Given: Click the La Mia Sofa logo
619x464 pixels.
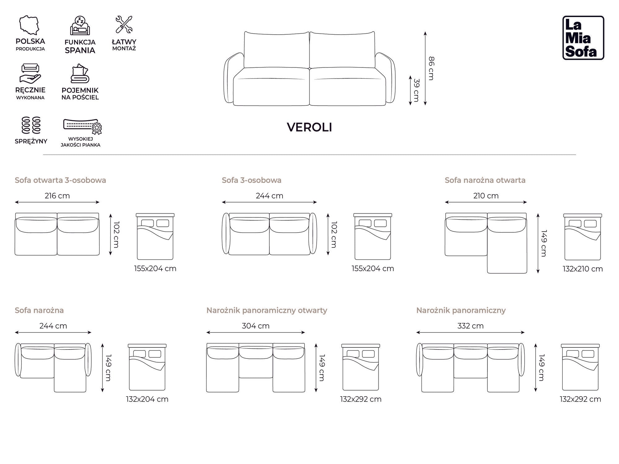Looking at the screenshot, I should point(583,38).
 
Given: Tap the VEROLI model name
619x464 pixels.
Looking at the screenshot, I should point(309,127).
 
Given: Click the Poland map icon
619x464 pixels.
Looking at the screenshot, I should point(30,25).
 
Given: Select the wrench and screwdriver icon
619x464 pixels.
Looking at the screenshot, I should point(124,24).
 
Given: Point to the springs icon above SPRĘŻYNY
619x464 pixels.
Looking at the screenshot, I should point(31,125).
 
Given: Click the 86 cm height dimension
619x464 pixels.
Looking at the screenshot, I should point(431,68).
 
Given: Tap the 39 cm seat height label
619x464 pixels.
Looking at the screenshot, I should point(416,90).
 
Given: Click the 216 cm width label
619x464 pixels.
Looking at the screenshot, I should point(57,196).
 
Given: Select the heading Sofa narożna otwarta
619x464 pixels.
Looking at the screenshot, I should point(485,180).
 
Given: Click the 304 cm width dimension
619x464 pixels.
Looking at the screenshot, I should point(255,326).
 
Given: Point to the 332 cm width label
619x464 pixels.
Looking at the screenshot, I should point(470,326).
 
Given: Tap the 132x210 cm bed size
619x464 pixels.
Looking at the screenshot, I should point(582,269).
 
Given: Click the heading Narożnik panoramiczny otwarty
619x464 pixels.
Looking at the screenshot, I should point(266,311).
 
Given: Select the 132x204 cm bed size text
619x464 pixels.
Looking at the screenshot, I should point(147,399).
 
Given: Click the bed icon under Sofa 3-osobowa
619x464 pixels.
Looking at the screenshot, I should point(373,237).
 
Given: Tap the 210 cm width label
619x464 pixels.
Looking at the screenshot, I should point(486,196).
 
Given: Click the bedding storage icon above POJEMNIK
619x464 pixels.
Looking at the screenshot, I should point(80,74).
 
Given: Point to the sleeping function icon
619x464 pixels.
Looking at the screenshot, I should point(80,26).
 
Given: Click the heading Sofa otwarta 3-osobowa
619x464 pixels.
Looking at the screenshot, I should point(60,180).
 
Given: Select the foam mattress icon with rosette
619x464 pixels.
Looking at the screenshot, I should point(82,126).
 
